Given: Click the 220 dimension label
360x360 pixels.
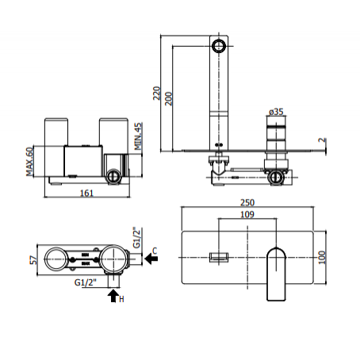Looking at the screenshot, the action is [156, 93].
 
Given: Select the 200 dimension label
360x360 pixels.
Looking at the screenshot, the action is [168, 99].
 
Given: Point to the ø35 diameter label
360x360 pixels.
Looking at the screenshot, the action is [276, 112].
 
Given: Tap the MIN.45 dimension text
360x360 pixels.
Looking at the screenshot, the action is [138, 136].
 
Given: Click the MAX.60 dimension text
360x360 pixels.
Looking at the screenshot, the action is [30, 161].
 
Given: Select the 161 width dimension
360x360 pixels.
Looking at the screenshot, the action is [86, 193].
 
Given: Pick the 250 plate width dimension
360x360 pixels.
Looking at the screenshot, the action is [247, 202].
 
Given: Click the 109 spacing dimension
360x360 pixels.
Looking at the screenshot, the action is [247, 214].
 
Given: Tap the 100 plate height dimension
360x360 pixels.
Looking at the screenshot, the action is [322, 258].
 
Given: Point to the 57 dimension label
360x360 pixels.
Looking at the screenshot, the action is [33, 260].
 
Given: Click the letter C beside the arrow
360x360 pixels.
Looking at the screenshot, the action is [155, 251].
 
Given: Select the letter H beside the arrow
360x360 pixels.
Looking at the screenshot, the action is [121, 299].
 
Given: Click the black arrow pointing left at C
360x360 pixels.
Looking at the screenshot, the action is [151, 259].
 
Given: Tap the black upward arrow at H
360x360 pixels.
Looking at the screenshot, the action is [113, 296].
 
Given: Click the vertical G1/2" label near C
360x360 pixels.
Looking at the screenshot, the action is [136, 237].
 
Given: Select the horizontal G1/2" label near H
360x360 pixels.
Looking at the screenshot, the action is [86, 282].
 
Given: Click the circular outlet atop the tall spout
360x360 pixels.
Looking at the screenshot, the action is [219, 46].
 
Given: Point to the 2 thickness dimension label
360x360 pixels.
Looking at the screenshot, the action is [323, 140].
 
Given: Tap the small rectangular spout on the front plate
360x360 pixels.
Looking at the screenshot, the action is [219, 257].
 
